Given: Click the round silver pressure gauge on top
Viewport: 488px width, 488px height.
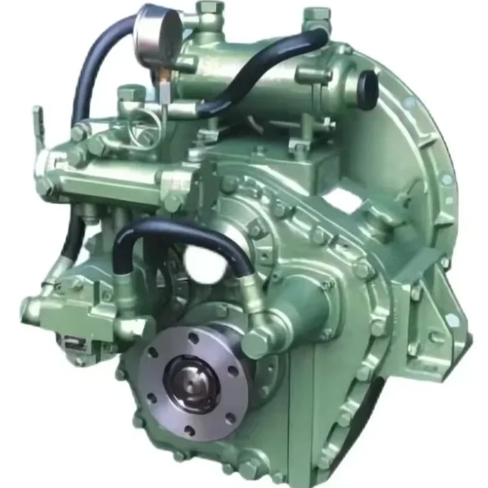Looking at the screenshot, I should tap(157, 28).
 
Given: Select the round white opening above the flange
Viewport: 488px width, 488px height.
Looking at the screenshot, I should tap(201, 262).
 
